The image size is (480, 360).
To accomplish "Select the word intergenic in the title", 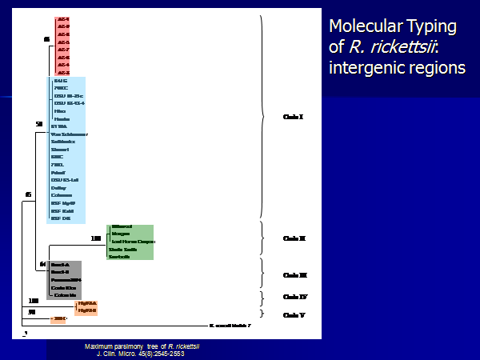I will (x=366, y=67).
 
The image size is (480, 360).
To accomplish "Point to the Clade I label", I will (x=294, y=117).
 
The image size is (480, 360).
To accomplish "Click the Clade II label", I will (x=294, y=238).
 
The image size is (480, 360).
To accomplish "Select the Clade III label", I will (x=295, y=274).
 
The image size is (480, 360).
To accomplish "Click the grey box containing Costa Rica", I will (x=64, y=279).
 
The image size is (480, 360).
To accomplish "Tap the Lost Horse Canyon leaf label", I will (x=133, y=241).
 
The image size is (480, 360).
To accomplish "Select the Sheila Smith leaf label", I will (x=124, y=249).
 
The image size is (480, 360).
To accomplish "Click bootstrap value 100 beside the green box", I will (x=96, y=238).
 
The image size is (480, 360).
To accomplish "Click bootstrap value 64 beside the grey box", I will (x=43, y=264).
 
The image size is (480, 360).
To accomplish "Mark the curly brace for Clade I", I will (x=264, y=117).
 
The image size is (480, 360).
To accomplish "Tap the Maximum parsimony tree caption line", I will (x=142, y=346).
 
